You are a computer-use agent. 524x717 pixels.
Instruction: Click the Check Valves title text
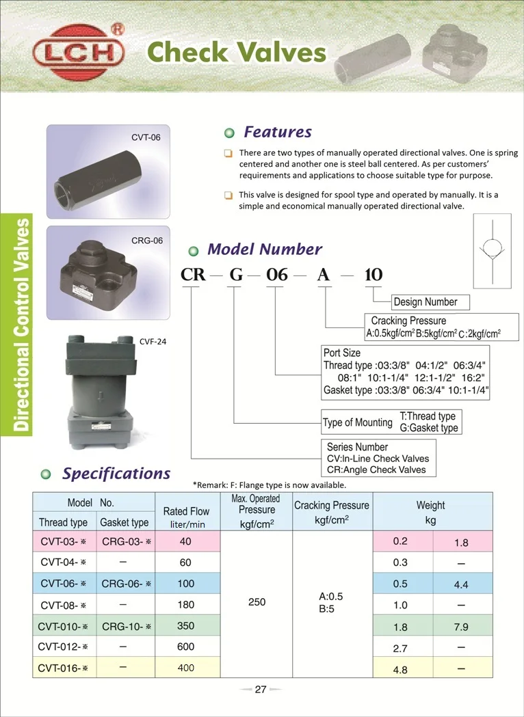(237, 52)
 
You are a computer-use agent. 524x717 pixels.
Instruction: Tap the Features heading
(277, 132)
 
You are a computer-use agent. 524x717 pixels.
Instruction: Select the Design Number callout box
(425, 301)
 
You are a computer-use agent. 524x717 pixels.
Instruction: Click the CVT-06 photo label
(146, 137)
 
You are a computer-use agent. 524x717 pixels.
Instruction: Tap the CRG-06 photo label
(146, 241)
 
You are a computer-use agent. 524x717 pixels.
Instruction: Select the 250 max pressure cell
(257, 602)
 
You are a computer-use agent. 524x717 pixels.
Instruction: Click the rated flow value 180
(186, 604)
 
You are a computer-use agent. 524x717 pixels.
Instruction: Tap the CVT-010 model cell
(63, 625)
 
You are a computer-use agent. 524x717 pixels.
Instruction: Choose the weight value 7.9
(460, 626)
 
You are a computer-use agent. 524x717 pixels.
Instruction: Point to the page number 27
(260, 690)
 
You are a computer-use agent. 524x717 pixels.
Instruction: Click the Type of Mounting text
(357, 422)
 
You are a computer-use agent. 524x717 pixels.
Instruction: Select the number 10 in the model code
(374, 275)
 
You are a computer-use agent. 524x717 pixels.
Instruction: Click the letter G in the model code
(235, 275)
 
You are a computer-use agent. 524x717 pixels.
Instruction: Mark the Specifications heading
(116, 473)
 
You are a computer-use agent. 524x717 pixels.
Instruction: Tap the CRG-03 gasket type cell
(126, 542)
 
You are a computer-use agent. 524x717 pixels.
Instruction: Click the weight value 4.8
(400, 669)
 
